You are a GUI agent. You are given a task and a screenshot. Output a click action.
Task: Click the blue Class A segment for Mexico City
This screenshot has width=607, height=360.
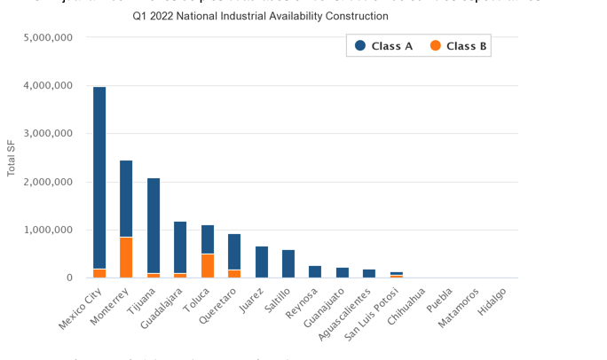click(99, 177)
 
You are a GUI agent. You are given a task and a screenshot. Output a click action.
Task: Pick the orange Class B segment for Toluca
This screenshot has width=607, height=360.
click(208, 266)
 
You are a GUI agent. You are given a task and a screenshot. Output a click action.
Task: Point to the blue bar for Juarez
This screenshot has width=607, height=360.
click(261, 262)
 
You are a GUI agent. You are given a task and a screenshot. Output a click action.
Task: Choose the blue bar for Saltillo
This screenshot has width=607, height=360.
click(288, 263)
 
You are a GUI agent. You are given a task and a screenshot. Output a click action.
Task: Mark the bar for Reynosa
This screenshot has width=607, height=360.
click(315, 271)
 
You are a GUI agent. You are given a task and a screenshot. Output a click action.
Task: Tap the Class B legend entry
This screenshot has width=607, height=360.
click(457, 46)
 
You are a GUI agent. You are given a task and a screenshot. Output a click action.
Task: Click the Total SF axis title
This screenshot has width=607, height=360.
click(12, 158)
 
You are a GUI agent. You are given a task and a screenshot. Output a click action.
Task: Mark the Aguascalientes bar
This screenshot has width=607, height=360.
click(369, 273)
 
